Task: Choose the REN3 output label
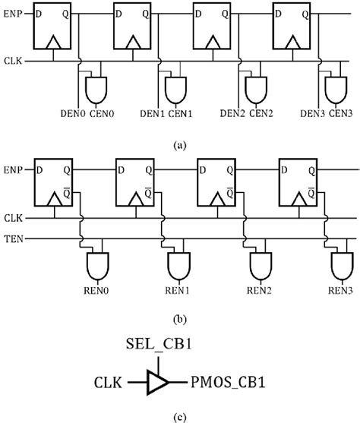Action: coord(339,289)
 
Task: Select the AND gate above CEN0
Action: coord(97,89)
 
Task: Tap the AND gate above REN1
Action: coord(178,266)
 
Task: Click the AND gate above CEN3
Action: coord(334,89)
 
